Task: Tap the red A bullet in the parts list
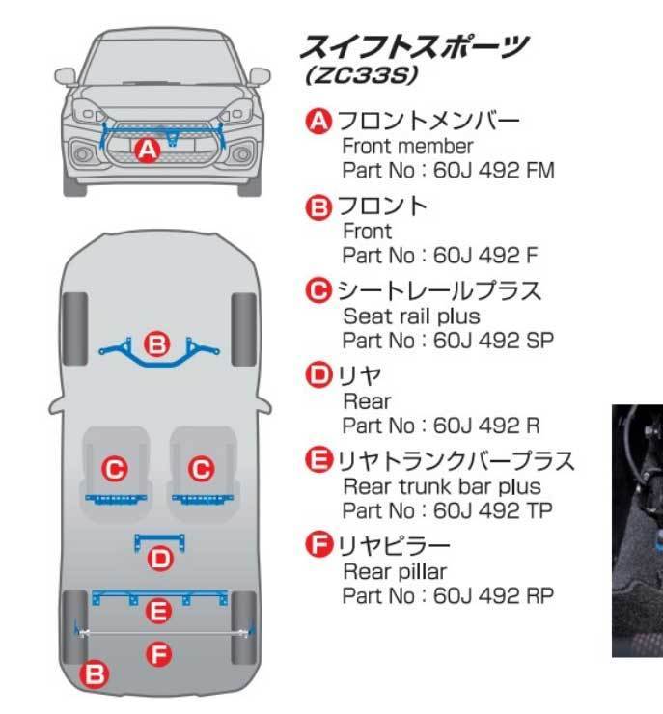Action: [x=318, y=122]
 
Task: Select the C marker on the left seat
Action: [x=115, y=469]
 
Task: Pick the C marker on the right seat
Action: [x=201, y=469]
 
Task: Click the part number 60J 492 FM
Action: [x=494, y=171]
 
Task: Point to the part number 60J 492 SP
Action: [x=494, y=341]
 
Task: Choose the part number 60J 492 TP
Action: [x=493, y=510]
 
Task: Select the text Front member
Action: [x=408, y=147]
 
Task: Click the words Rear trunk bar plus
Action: [x=442, y=486]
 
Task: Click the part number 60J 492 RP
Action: [x=494, y=595]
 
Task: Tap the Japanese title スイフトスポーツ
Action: [x=415, y=45]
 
